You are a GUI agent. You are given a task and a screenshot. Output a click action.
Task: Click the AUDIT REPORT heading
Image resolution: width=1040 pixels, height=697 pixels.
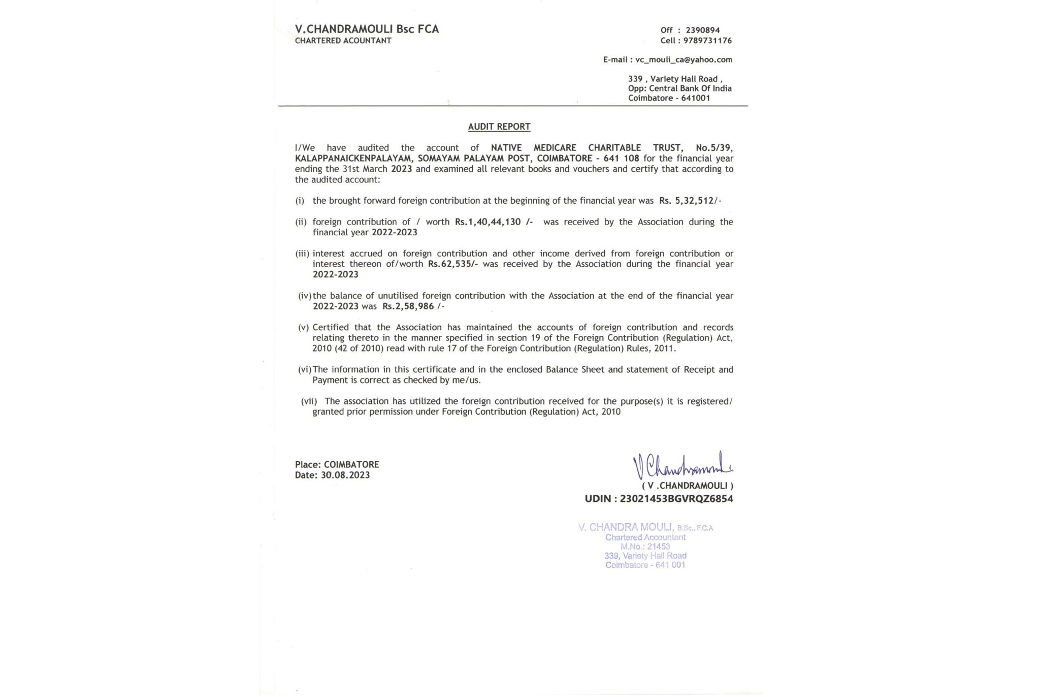point(499,127)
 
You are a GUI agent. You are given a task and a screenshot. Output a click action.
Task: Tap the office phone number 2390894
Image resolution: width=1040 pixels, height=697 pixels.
point(702,30)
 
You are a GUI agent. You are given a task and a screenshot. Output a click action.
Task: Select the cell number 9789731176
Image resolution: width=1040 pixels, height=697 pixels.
point(707,41)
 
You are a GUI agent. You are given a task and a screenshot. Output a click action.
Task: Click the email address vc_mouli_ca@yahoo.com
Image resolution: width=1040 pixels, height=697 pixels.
point(684,60)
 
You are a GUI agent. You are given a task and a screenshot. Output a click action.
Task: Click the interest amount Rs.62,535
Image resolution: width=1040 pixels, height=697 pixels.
point(452,264)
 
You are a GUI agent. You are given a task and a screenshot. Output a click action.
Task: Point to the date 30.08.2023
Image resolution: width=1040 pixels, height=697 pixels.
point(345,476)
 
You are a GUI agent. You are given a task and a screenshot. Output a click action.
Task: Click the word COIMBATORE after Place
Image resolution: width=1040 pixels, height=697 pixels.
point(351,465)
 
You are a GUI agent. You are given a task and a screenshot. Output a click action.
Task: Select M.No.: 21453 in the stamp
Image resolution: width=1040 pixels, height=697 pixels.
point(645,547)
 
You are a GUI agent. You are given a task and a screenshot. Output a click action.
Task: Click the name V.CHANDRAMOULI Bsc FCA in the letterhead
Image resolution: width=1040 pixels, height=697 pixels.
point(367,29)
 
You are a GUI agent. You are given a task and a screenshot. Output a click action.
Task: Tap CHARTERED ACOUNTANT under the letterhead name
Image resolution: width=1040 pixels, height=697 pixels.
point(343,41)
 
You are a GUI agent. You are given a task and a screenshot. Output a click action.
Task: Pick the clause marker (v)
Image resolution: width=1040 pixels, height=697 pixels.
point(303,328)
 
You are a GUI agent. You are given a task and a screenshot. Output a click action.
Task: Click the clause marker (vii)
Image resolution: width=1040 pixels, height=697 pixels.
point(309,401)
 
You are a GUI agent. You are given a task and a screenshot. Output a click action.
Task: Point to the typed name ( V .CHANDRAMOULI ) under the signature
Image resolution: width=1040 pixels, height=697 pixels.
point(687,486)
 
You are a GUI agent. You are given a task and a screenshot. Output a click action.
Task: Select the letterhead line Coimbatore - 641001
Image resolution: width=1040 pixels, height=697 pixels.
point(669,98)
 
